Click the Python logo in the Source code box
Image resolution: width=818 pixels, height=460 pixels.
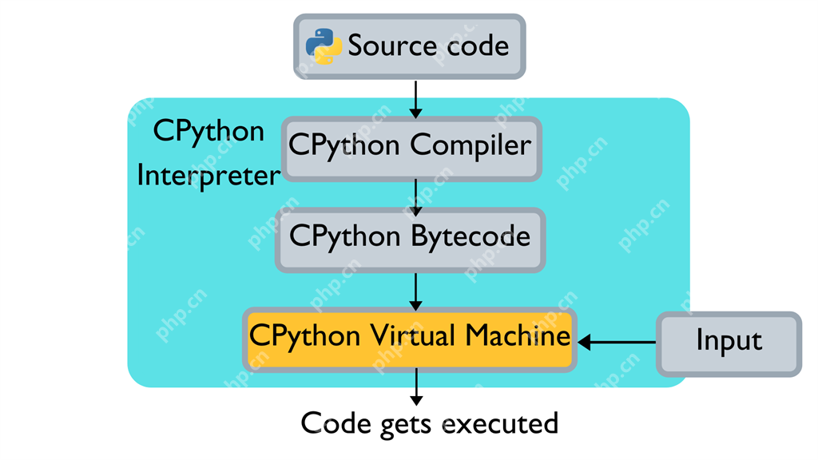[324, 46]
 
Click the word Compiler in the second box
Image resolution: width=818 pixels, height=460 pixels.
[471, 146]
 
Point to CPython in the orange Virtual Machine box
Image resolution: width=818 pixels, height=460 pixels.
[304, 335]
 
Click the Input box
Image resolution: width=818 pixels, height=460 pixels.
[729, 343]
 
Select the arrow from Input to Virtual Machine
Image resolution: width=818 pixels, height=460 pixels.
[617, 343]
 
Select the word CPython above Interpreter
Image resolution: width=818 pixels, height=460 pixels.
[208, 131]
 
